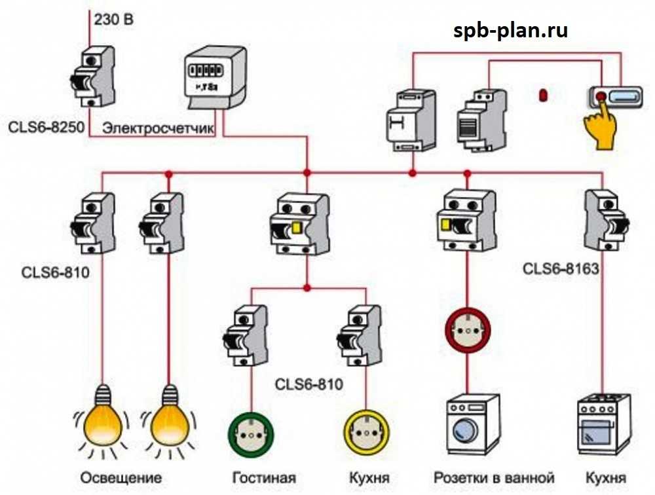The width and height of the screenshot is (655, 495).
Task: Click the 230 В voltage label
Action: [113, 19]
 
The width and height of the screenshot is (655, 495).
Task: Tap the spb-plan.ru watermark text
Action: [510, 31]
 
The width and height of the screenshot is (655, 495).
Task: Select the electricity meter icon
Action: [215, 79]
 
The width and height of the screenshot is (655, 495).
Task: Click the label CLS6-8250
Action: [47, 127]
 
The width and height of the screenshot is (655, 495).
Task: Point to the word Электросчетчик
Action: [159, 128]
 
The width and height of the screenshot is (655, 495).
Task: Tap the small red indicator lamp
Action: [543, 95]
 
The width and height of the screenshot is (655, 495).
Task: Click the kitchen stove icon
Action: [603, 424]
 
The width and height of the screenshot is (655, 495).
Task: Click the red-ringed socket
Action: [468, 331]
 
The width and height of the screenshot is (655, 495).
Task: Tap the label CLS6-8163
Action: [561, 268]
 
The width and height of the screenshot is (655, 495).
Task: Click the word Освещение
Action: [121, 477]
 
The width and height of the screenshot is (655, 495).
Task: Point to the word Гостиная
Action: [264, 477]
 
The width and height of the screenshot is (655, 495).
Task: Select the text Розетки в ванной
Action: [494, 477]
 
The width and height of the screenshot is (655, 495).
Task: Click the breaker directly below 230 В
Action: [92, 77]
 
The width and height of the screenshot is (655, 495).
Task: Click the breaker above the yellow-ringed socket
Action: [359, 336]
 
